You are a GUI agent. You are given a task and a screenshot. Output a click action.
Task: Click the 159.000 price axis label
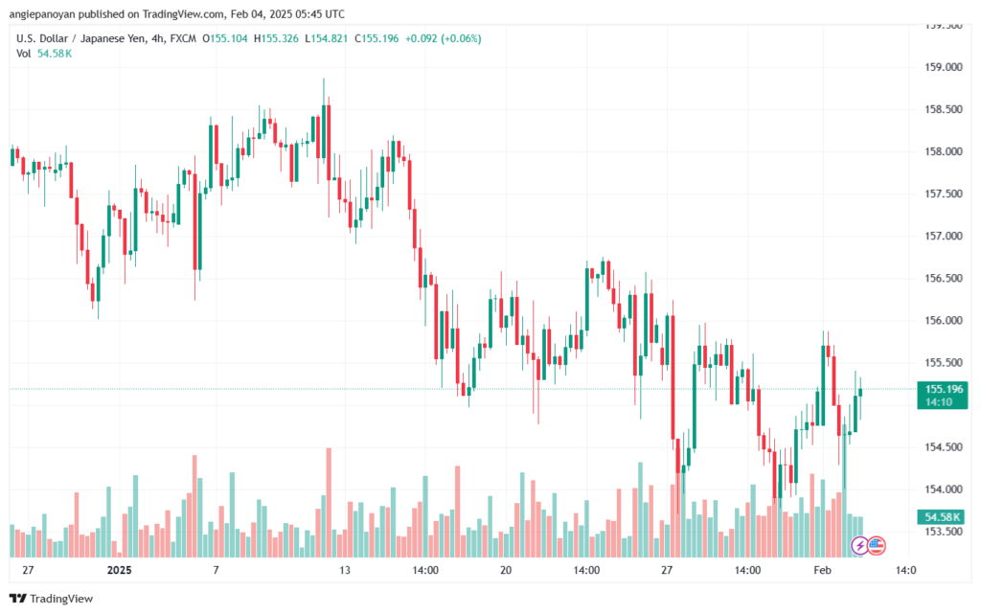click(944, 67)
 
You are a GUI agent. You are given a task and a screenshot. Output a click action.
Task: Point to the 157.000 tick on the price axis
click(944, 236)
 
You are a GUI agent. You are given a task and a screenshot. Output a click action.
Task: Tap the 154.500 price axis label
click(944, 447)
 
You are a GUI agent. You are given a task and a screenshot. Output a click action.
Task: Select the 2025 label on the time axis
click(120, 570)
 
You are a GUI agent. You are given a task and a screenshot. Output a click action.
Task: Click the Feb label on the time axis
click(822, 570)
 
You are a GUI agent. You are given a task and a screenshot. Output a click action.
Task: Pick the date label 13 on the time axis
click(345, 570)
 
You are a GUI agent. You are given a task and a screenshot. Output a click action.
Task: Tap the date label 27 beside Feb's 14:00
click(667, 570)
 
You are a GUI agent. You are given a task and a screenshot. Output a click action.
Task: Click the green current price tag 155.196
click(943, 396)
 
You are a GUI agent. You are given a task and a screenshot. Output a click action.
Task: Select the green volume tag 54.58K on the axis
click(943, 517)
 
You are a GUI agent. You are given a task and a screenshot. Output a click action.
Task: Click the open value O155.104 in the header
click(224, 38)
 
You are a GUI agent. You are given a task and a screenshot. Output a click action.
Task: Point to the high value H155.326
click(276, 38)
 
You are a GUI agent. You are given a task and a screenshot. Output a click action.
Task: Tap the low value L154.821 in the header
click(326, 38)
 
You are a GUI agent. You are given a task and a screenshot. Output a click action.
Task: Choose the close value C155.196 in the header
click(376, 38)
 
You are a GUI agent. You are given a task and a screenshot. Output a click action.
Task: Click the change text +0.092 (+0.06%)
click(443, 38)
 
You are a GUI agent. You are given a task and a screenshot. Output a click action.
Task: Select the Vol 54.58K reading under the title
click(44, 54)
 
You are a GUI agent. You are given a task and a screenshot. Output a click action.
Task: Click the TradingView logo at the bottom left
click(52, 599)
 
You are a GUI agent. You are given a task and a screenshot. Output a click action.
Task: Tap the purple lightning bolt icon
click(859, 545)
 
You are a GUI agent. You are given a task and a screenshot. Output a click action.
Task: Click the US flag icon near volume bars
click(877, 545)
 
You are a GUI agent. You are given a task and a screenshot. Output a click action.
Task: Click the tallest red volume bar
click(329, 502)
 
